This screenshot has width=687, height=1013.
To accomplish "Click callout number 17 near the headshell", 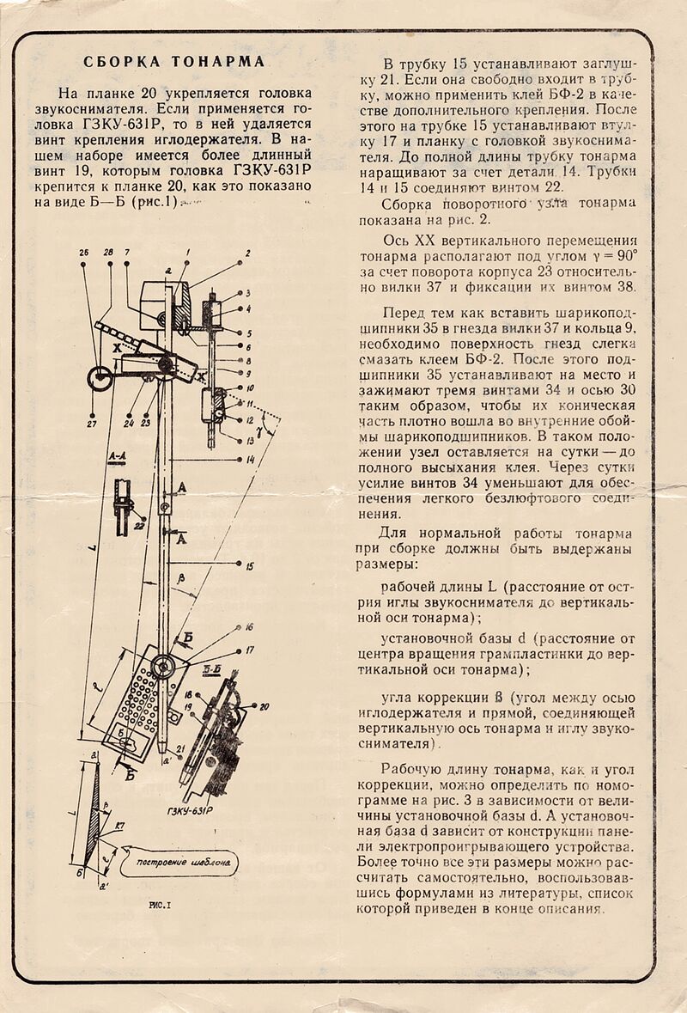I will click(x=249, y=651).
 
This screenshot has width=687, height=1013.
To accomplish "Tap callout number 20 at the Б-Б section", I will click(x=264, y=706).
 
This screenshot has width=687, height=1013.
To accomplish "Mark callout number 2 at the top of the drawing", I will click(x=246, y=253).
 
